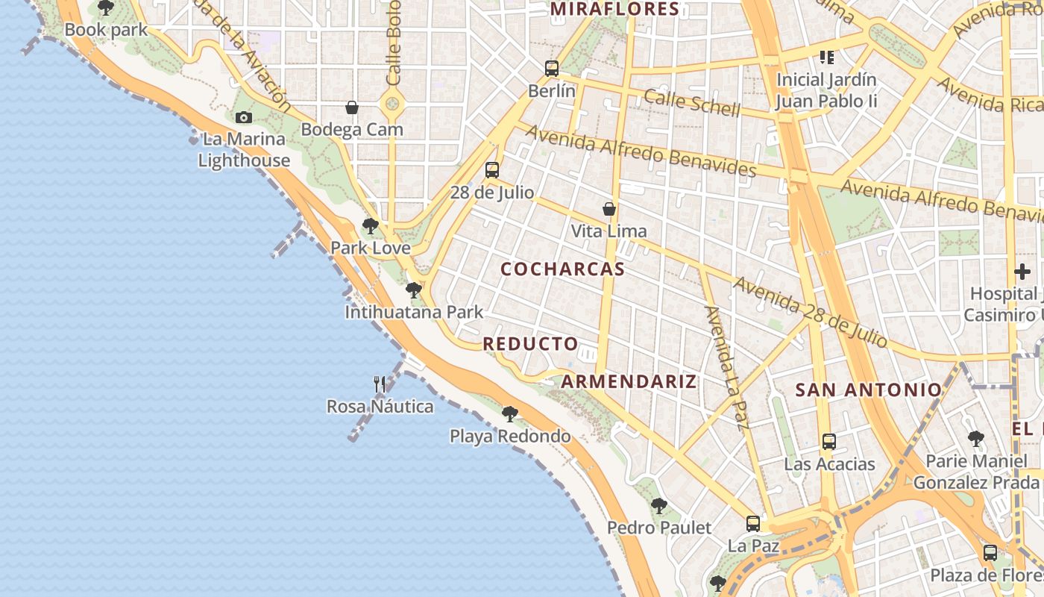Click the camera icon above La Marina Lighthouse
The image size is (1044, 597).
coord(243,117)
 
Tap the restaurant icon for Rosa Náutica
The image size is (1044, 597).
coord(380,384)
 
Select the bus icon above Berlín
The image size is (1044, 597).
coord(551,69)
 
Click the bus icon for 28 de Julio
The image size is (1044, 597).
coord(491,170)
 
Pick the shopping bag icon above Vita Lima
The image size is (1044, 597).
coord(609,209)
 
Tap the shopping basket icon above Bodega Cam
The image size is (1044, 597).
coord(352,108)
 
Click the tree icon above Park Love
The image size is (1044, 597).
coord(370,225)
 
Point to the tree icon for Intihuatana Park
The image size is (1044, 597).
coord(413,290)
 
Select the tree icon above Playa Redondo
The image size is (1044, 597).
coord(509,413)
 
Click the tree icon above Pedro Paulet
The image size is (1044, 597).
coord(658,505)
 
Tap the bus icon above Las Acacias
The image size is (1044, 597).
coord(828,441)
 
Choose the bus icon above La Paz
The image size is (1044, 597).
coord(753,523)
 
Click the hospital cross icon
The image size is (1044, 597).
coord(1022,272)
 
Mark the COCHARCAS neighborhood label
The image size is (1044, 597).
coord(562,269)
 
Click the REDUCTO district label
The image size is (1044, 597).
coord(530,344)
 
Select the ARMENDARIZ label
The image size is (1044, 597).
coord(629,382)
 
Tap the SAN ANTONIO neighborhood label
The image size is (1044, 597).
coord(869,390)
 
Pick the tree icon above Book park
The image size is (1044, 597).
coord(106,8)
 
